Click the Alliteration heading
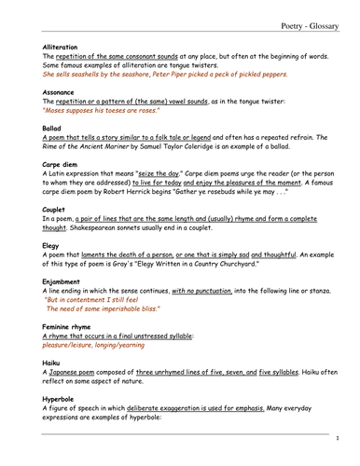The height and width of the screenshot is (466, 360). point(61,46)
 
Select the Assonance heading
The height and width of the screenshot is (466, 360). point(59,93)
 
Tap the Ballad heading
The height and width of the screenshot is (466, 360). point(51,126)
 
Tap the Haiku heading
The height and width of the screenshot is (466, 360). point(51,361)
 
